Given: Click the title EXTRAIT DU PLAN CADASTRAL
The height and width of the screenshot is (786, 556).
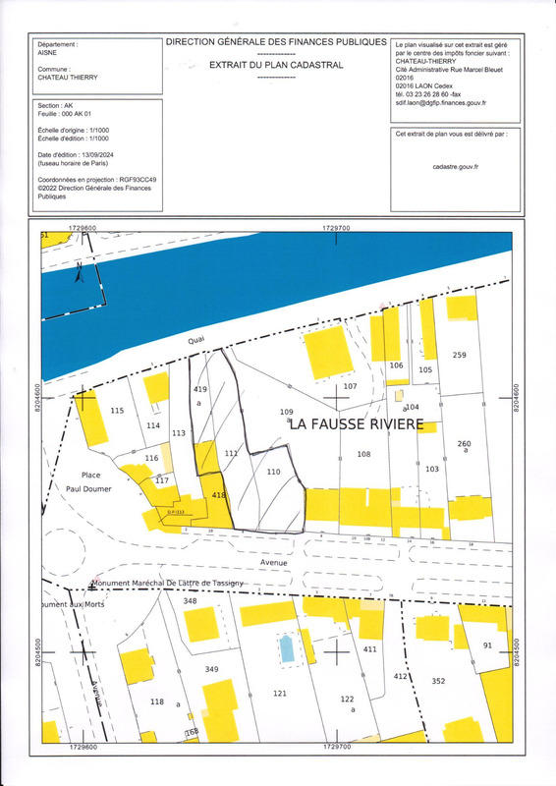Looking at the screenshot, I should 276,65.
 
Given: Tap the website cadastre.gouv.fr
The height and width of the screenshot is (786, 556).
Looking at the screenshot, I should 455,167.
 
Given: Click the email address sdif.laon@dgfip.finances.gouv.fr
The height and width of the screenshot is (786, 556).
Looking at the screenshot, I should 441,102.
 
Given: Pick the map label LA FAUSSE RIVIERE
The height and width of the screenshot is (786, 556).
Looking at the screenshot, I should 355,424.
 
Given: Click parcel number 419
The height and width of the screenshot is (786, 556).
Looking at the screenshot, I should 200,390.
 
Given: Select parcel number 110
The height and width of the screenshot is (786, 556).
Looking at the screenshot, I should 274,472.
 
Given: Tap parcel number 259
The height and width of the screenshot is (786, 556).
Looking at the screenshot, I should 459,355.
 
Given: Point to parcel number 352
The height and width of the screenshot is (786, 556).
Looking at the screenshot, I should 438,681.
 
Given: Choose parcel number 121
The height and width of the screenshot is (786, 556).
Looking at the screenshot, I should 279,694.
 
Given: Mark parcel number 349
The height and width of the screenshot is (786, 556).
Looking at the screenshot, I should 211,669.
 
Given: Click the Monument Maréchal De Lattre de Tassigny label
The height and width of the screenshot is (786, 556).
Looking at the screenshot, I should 167,583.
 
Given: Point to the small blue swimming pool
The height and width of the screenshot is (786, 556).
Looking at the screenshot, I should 287,648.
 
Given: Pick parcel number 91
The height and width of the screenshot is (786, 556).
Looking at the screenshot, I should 487,645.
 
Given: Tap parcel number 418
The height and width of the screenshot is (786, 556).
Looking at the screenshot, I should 218,497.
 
